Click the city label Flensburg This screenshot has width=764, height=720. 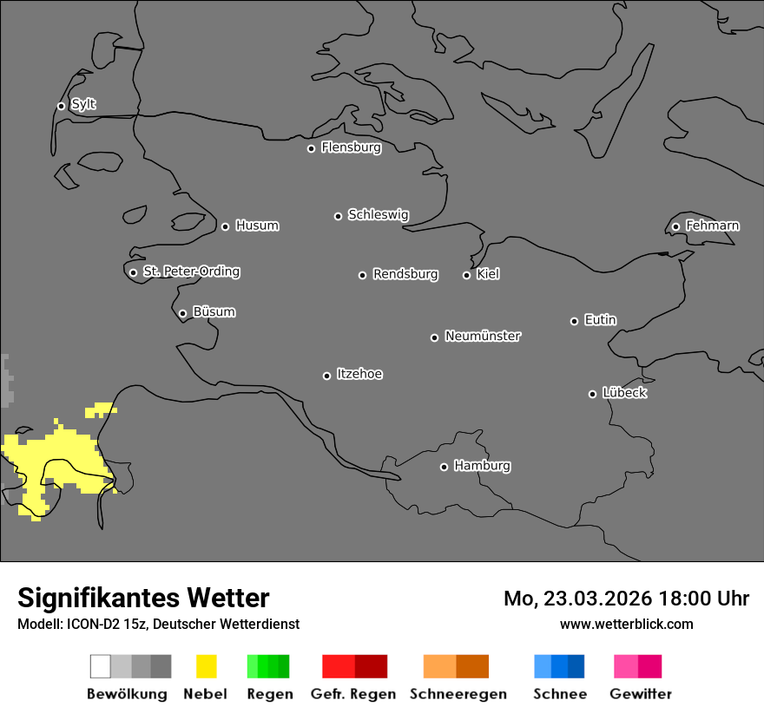(x=351, y=147)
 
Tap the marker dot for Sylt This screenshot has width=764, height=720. (x=61, y=106)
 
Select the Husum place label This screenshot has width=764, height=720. (x=257, y=226)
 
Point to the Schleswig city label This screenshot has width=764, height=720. (x=378, y=214)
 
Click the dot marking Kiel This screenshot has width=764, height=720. (x=466, y=275)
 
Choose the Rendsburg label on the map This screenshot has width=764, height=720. (x=405, y=274)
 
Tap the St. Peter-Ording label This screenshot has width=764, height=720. (x=191, y=272)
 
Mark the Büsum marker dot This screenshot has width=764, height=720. (x=182, y=313)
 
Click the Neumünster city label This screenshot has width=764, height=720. (x=482, y=336)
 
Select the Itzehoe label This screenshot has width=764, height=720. (x=359, y=374)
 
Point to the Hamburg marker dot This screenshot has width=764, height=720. (x=444, y=467)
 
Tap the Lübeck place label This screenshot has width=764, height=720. (x=624, y=393)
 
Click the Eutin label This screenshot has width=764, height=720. (x=600, y=320)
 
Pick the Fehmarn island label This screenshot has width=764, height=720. (x=712, y=226)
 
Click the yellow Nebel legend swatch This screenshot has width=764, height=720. (x=206, y=666)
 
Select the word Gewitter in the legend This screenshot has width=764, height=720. (x=640, y=694)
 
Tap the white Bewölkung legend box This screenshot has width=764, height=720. (x=101, y=666)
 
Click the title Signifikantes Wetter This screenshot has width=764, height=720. (x=143, y=598)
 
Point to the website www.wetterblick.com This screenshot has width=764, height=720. (x=626, y=624)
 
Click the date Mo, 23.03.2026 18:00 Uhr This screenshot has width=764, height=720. (x=626, y=599)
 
